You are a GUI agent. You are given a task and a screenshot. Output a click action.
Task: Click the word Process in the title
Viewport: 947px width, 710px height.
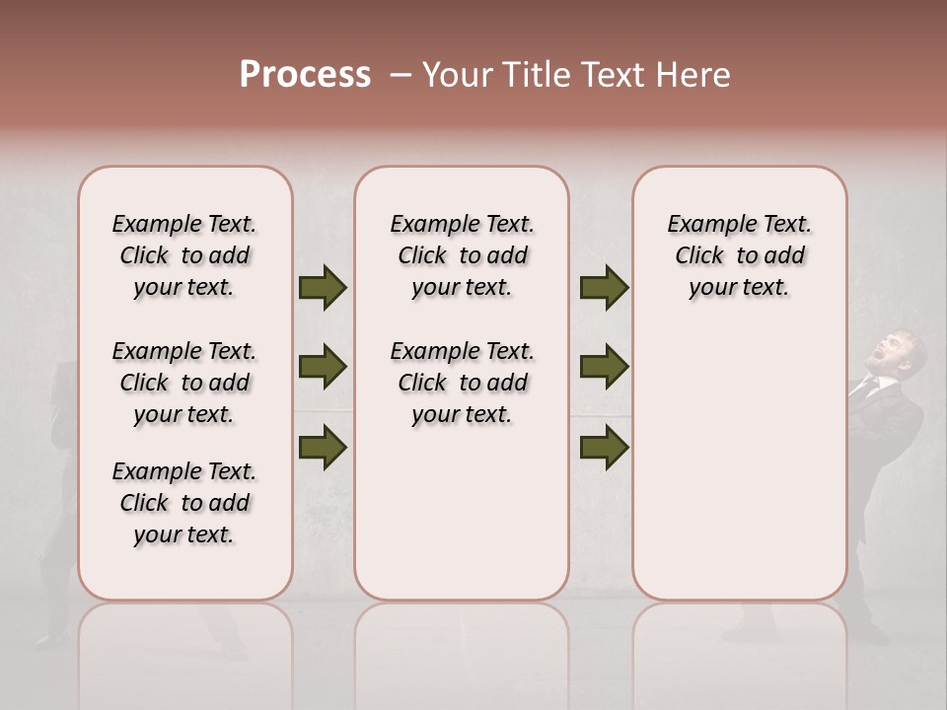tap(305, 75)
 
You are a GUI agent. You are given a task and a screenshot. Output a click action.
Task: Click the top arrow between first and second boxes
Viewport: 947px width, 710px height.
tap(323, 288)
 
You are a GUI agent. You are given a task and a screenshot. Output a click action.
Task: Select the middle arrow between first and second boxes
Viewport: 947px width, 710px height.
tap(323, 368)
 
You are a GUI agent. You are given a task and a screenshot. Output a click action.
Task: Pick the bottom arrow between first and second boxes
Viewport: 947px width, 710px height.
tap(323, 447)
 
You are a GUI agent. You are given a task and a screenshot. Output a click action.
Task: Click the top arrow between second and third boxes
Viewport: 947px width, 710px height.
tap(604, 288)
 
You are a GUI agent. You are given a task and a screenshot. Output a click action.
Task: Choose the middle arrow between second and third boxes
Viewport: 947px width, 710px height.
tap(604, 368)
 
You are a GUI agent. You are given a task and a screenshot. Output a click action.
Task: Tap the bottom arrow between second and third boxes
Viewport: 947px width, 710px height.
tap(604, 447)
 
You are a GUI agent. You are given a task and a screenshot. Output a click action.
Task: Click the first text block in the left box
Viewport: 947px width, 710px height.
tap(184, 255)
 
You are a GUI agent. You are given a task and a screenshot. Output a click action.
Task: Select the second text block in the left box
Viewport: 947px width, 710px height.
tap(184, 383)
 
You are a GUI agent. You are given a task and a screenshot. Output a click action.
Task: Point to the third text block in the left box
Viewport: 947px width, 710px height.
tap(184, 503)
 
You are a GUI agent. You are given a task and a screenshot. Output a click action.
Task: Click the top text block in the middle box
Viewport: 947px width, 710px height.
tap(462, 255)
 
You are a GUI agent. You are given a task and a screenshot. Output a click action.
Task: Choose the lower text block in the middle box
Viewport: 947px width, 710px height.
tap(462, 383)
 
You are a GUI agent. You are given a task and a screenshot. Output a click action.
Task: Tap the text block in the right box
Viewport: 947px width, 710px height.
tap(739, 255)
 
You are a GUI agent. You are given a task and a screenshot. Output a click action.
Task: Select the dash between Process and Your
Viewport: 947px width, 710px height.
tap(399, 75)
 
